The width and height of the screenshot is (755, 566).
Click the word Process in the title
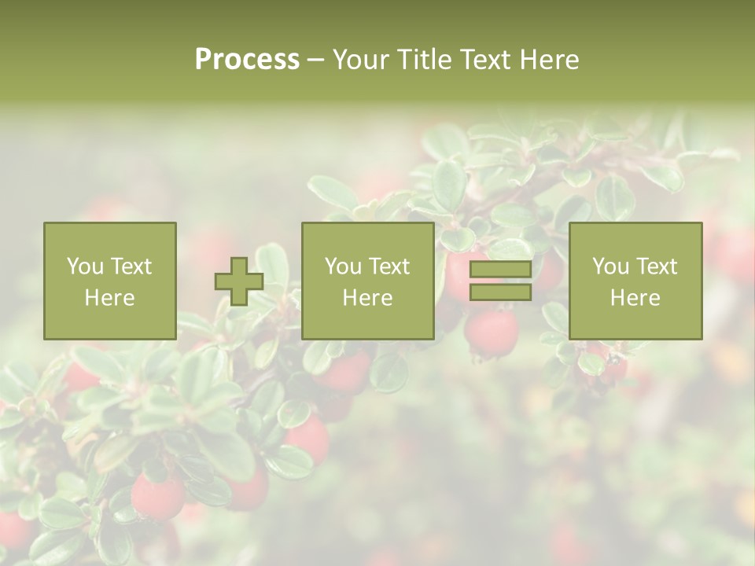pyautogui.click(x=247, y=60)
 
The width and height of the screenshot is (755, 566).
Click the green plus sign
pyautogui.click(x=239, y=281)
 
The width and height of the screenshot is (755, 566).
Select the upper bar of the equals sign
pyautogui.click(x=500, y=270)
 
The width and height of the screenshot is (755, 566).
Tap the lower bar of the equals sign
pyautogui.click(x=500, y=292)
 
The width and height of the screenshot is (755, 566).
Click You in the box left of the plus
pyautogui.click(x=85, y=266)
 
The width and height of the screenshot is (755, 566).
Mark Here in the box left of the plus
pyautogui.click(x=109, y=298)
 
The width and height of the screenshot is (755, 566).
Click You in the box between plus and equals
pyautogui.click(x=343, y=266)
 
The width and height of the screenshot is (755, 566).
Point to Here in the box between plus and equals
pyautogui.click(x=367, y=298)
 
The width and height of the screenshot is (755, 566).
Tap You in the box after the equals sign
pyautogui.click(x=610, y=266)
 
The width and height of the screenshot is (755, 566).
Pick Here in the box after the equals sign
pyautogui.click(x=635, y=298)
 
